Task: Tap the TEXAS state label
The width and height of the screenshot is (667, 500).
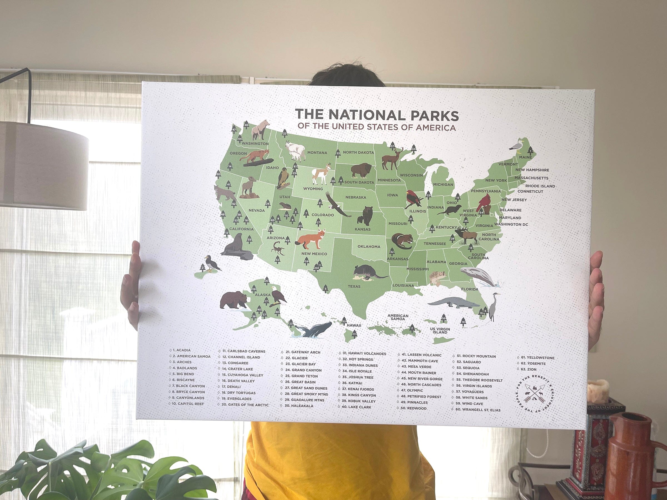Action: point(354,286)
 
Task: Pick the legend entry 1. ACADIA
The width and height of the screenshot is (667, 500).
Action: point(183,350)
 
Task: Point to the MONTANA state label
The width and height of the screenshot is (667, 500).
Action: point(317,153)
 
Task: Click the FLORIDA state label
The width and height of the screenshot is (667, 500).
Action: point(469,289)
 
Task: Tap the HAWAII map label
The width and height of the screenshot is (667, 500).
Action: point(354,326)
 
